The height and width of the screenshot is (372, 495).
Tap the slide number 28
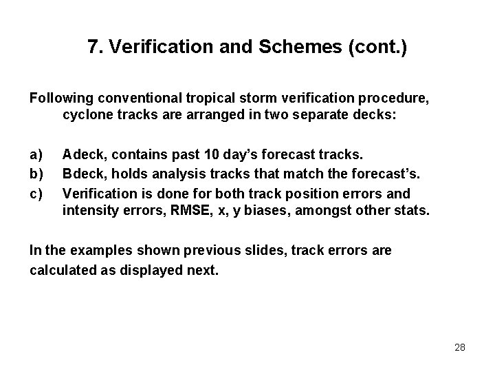point(460,347)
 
